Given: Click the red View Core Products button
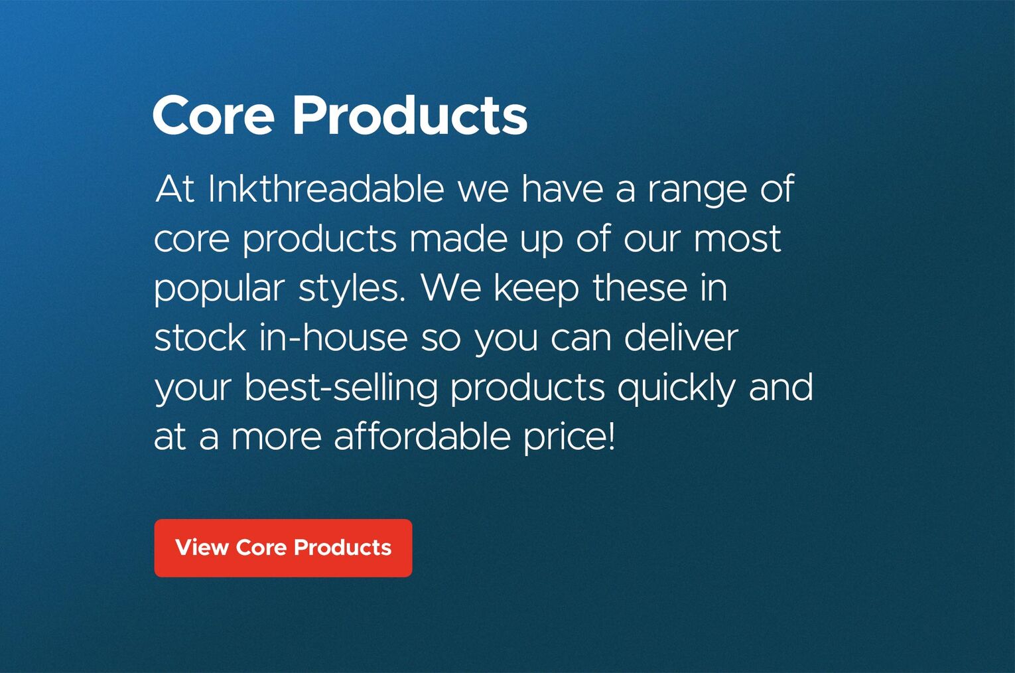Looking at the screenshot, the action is (x=283, y=548).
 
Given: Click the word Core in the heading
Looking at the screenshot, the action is (x=214, y=115).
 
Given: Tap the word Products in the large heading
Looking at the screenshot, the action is (x=411, y=115).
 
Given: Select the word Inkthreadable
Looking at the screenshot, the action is (x=326, y=188).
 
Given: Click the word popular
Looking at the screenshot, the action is (x=220, y=291).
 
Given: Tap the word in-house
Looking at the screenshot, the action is (x=334, y=338).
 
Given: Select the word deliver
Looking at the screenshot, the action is (x=681, y=338).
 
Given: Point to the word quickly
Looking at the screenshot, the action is (x=677, y=390).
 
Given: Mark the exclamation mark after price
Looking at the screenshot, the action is (x=611, y=437).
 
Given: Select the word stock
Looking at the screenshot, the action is (x=200, y=338).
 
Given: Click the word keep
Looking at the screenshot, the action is (x=536, y=291).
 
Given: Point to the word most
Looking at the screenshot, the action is (x=737, y=240).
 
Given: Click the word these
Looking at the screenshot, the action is (x=640, y=288).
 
